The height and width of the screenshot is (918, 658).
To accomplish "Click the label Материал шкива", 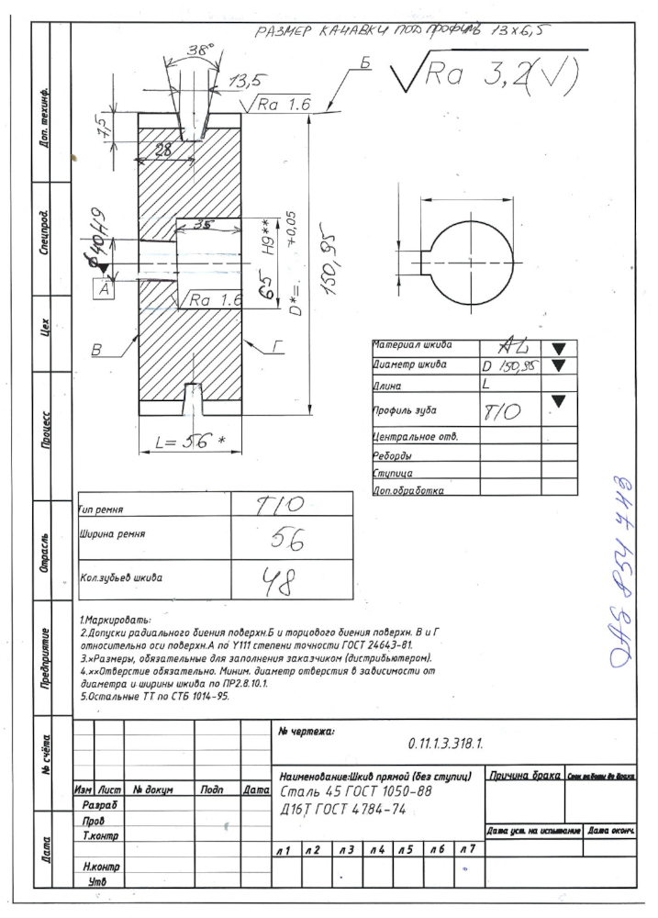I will [x=412, y=346].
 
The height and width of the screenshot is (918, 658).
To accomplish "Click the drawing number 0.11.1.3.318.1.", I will [x=445, y=741].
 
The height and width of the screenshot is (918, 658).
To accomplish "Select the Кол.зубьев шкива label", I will [x=117, y=577].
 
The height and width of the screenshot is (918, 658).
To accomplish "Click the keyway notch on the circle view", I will [x=428, y=261].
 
